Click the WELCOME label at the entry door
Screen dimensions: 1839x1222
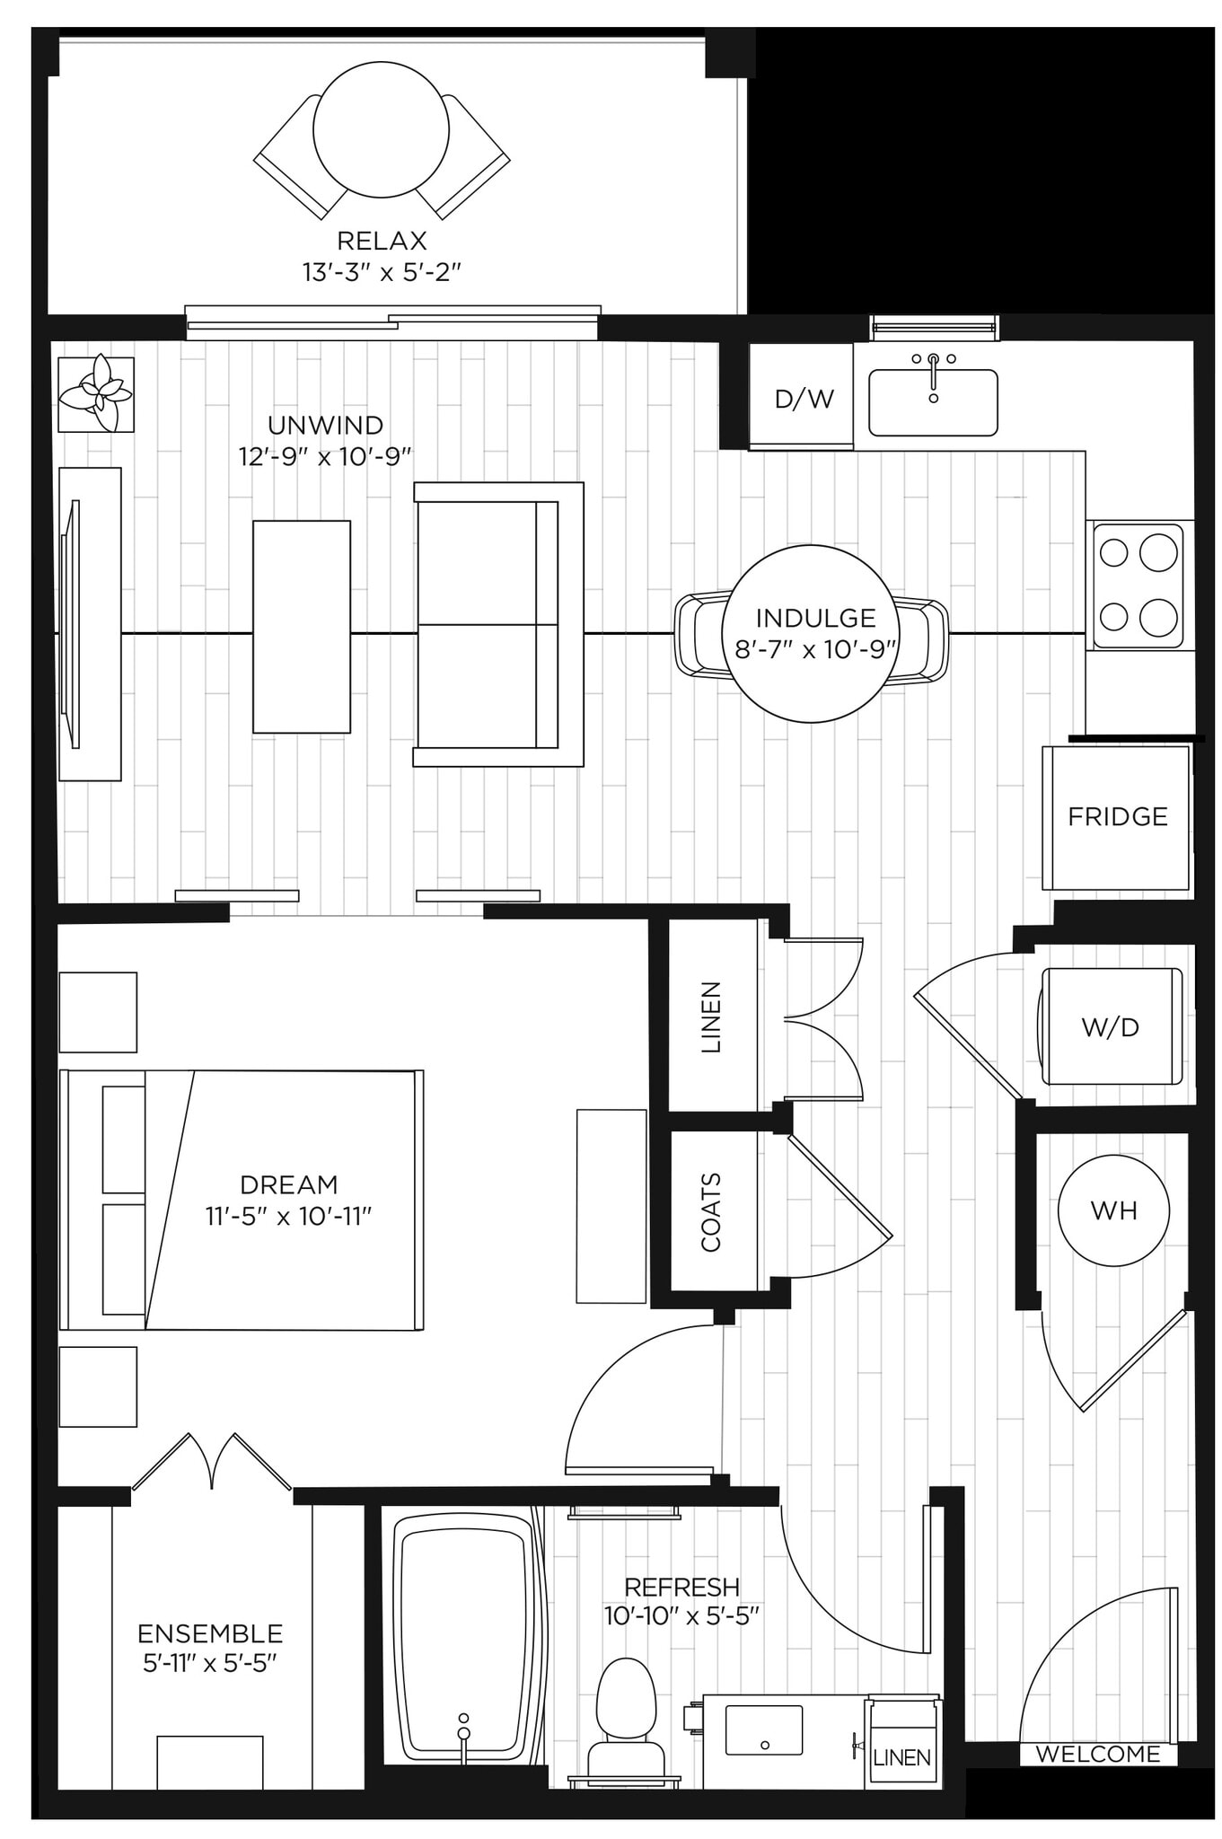(1097, 1754)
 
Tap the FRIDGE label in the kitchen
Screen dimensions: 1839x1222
(1117, 816)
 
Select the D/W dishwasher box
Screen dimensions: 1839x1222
(804, 398)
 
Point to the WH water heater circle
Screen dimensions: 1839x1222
(1113, 1210)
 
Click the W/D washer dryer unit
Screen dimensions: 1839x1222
(1111, 1026)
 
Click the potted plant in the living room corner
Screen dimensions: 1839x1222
(96, 394)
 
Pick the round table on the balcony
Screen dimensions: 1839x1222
(381, 130)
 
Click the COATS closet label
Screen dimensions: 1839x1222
(711, 1212)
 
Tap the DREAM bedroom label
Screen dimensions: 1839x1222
(288, 1184)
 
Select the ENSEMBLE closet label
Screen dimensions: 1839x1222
(210, 1632)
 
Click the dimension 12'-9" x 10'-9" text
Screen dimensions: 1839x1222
(325, 456)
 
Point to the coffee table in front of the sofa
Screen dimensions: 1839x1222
(302, 627)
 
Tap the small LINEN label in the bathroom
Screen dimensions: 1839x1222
(901, 1757)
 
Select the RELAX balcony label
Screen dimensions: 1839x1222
(382, 241)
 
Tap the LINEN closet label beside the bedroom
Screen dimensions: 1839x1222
(711, 1017)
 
